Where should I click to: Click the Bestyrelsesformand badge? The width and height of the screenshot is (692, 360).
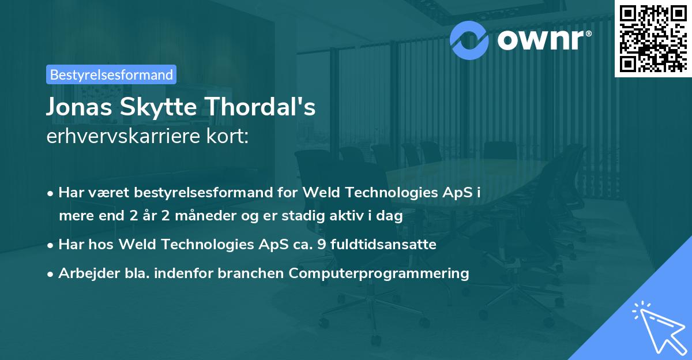pos(111,74)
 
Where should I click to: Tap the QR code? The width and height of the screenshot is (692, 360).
pos(652,37)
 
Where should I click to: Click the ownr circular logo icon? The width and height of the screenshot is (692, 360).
pos(469,40)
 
